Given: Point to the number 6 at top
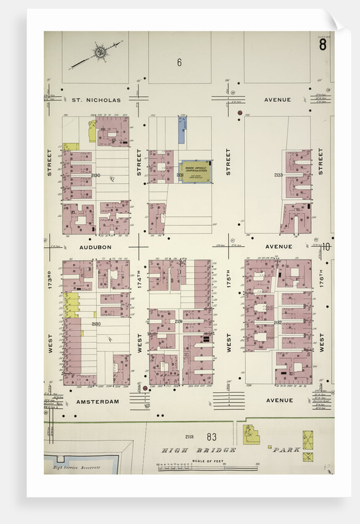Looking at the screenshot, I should pyautogui.click(x=179, y=62).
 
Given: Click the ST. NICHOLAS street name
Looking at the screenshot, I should pyautogui.click(x=96, y=99).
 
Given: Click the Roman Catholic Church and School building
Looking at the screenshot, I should pyautogui.click(x=196, y=171).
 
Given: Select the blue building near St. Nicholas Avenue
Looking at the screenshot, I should pyautogui.click(x=182, y=130).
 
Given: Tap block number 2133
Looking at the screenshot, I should pyautogui.click(x=278, y=175).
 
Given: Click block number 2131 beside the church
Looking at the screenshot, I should pyautogui.click(x=179, y=176).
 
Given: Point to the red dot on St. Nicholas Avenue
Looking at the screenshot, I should pyautogui.click(x=239, y=113).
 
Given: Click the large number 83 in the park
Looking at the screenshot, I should pyautogui.click(x=211, y=437).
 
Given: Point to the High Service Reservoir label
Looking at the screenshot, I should pyautogui.click(x=76, y=468).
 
